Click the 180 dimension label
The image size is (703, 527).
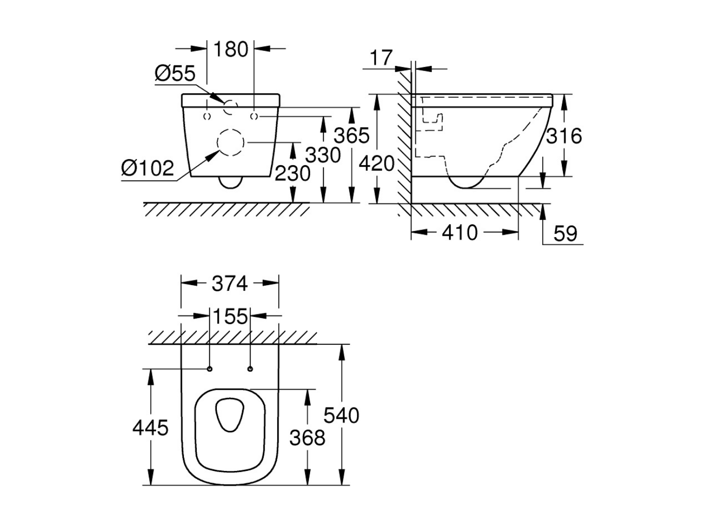[231, 49]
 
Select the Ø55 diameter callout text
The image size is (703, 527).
[175, 73]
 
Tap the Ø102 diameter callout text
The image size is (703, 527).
[148, 168]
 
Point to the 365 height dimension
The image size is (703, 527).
[352, 135]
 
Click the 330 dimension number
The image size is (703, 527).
[323, 155]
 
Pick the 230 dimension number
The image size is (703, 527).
[293, 173]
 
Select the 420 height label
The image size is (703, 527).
[376, 164]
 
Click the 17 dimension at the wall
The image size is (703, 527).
[381, 58]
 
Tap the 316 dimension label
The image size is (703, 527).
[564, 136]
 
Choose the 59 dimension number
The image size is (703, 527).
[565, 234]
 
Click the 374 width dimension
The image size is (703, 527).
[230, 284]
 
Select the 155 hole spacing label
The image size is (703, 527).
[230, 317]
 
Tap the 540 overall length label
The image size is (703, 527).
[341, 416]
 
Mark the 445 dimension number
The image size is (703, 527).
[150, 428]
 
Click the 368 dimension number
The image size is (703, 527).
[307, 437]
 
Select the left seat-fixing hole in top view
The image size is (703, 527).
[210, 369]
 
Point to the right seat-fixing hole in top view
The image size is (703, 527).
[250, 369]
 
